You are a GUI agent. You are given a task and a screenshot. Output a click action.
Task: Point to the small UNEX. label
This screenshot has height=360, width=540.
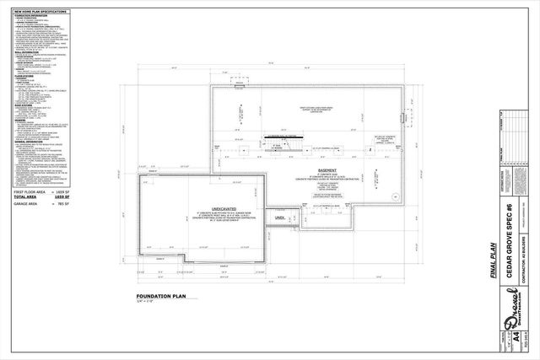[278, 218]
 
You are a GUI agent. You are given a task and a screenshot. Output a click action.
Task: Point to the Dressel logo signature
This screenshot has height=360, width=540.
[511, 325]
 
